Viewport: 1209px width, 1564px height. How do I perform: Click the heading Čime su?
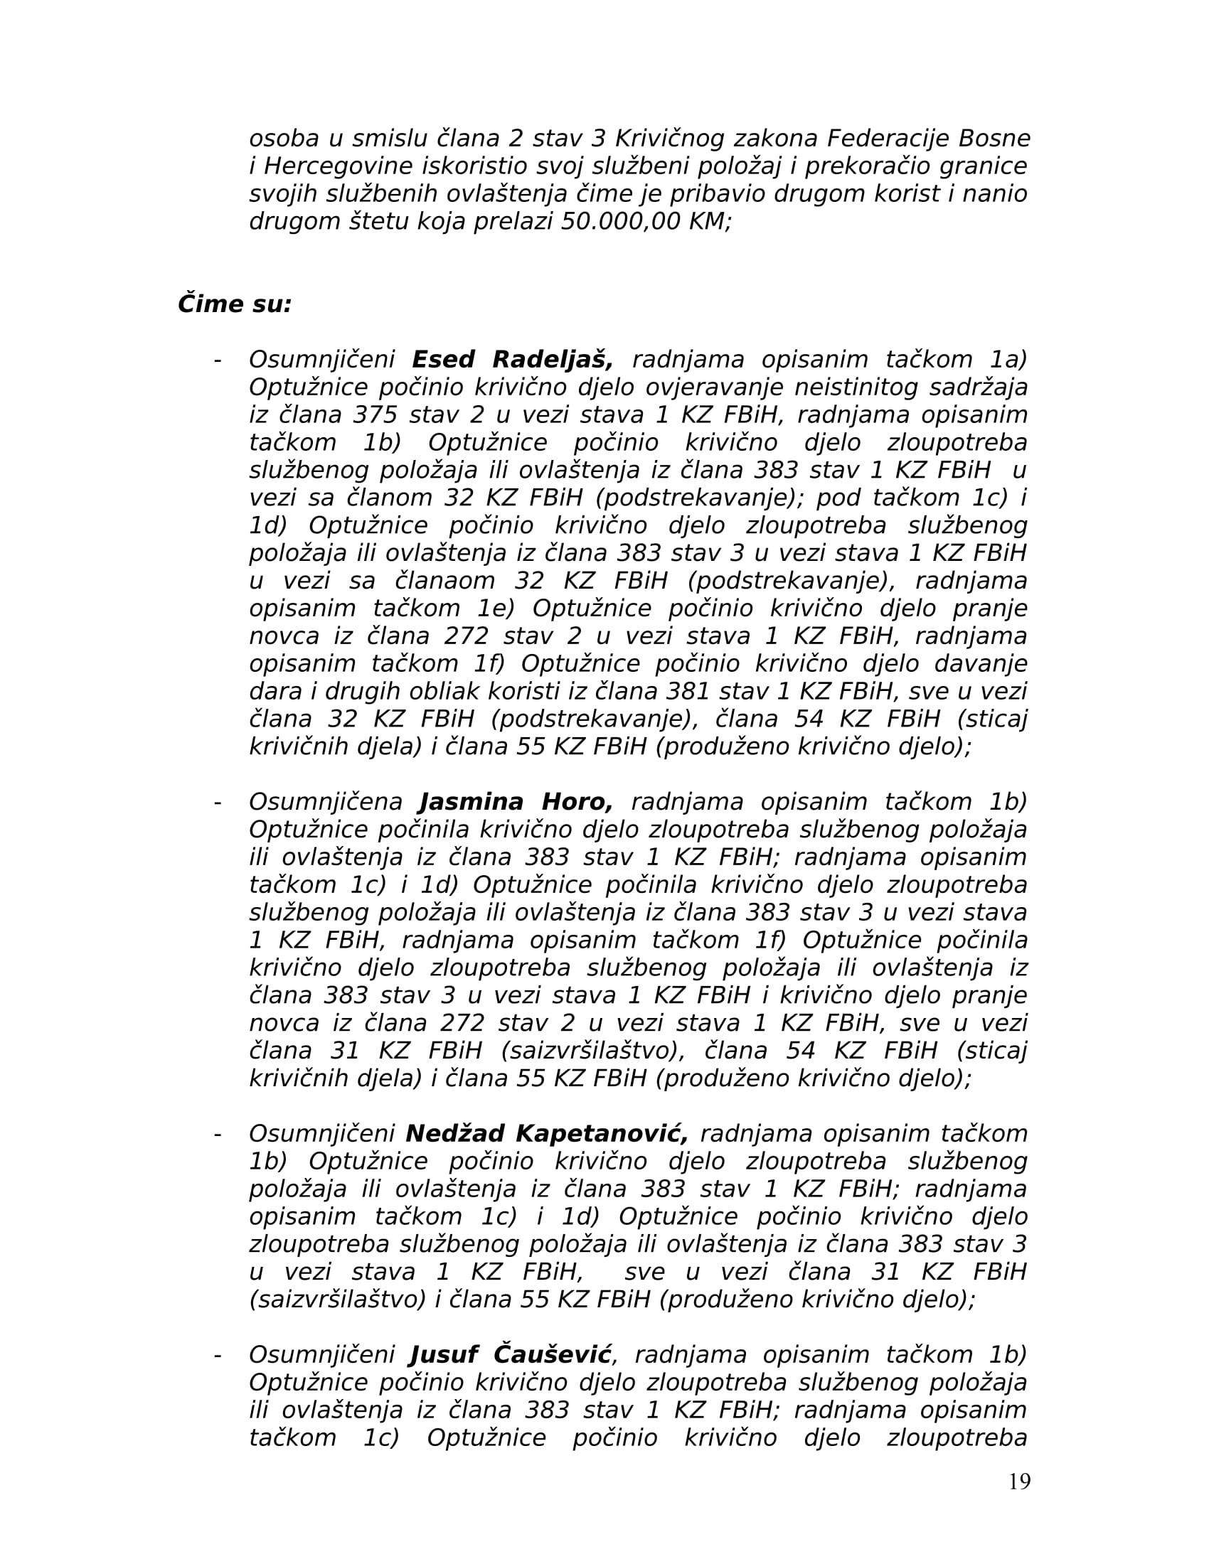(x=234, y=304)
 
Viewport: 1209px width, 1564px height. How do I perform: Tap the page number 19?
(x=1018, y=1482)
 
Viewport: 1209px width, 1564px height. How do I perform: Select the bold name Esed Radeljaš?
(x=513, y=360)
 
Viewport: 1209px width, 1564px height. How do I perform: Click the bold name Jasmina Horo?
(x=516, y=802)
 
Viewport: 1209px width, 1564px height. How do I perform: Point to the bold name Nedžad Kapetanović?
(x=546, y=1134)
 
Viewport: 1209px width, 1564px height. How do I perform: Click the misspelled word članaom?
(x=444, y=581)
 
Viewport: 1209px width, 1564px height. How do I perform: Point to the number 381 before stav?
(x=689, y=692)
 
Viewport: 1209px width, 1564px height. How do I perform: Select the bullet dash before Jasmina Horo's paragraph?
(x=217, y=803)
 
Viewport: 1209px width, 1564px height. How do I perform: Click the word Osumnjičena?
(x=326, y=802)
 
